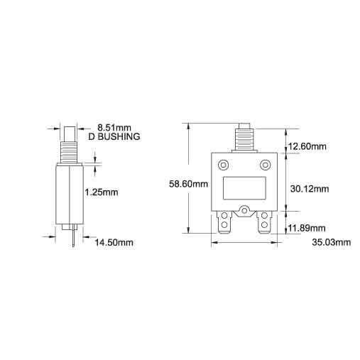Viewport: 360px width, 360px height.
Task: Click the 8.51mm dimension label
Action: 114,128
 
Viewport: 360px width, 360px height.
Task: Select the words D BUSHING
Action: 114,136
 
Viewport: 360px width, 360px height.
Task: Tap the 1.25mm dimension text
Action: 102,192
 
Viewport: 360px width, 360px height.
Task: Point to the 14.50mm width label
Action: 114,242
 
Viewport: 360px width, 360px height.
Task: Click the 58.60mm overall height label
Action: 188,184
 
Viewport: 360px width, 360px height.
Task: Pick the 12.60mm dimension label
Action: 307,146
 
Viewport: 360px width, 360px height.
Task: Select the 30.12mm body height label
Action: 310,189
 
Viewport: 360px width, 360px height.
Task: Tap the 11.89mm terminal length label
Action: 307,229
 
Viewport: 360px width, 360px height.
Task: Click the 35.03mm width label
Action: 332,242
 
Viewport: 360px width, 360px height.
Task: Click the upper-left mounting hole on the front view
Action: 223,165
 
